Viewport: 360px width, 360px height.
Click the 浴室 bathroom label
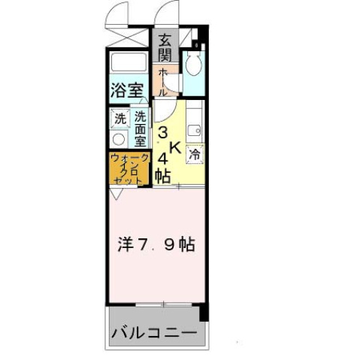127,91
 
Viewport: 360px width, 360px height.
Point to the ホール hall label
162,80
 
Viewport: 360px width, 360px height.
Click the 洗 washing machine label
120,119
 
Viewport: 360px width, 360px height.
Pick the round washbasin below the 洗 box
119,140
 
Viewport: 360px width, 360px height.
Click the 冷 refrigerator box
195,154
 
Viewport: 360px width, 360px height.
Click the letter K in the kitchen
174,149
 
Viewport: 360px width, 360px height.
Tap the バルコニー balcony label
154,332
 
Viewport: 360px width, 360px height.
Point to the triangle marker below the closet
113,193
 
